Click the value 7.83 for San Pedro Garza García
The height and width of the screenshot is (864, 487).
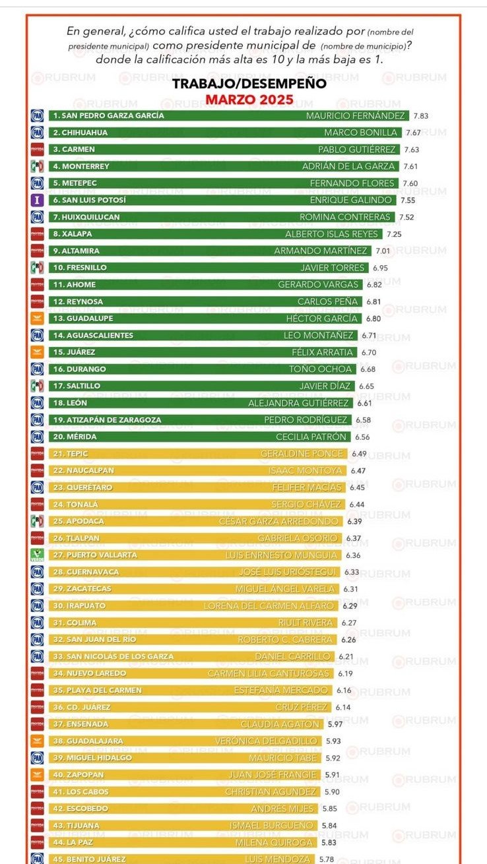click(420, 115)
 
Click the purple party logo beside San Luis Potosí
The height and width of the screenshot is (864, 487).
click(38, 200)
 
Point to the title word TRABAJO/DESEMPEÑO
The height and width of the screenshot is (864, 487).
click(249, 84)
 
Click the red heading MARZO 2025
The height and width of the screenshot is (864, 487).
click(249, 100)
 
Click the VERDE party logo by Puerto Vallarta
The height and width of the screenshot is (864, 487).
click(38, 555)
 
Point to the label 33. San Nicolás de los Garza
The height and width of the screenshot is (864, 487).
click(113, 656)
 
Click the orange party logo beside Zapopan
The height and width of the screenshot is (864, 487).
click(38, 775)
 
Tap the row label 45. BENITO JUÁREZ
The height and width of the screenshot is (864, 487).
click(90, 859)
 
